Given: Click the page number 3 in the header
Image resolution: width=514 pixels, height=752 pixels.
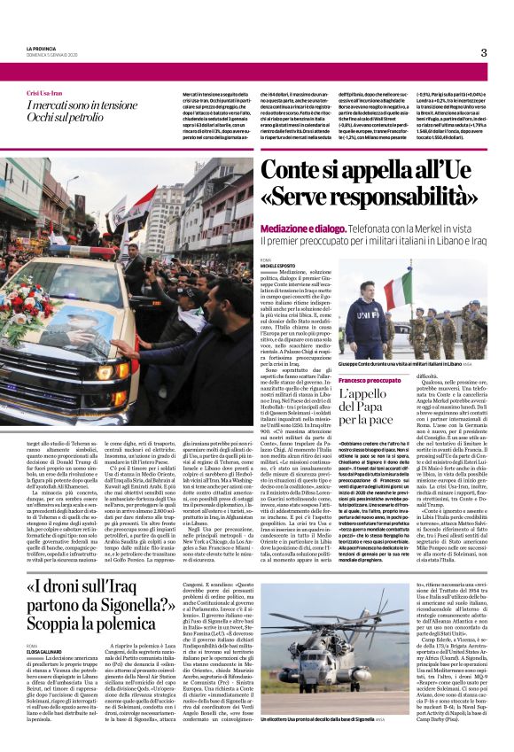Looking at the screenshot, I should tap(483, 52).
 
